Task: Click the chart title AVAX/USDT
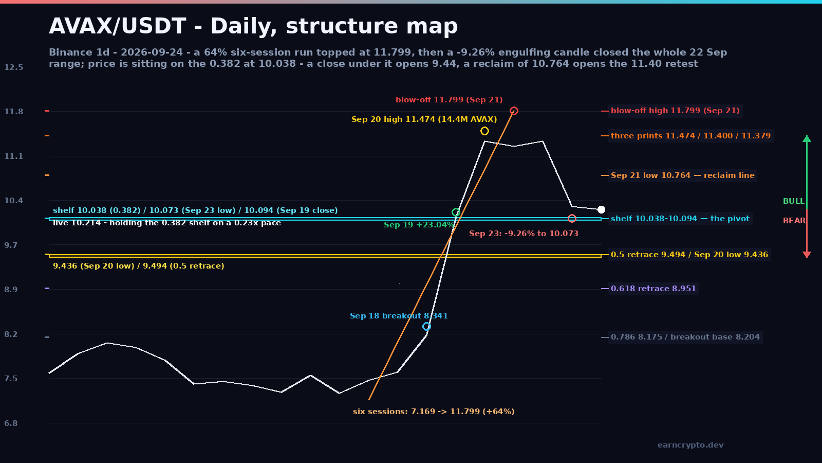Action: click(x=118, y=26)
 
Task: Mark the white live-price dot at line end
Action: click(x=601, y=209)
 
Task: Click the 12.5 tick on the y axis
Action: click(x=13, y=67)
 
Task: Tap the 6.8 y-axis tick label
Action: click(x=11, y=423)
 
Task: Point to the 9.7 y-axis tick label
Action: click(x=11, y=245)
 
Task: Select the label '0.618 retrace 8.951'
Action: click(x=653, y=289)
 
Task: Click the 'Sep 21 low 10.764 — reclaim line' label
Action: click(x=683, y=175)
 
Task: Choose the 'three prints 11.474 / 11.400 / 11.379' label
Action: click(x=690, y=136)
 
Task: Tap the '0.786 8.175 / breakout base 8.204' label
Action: click(x=685, y=337)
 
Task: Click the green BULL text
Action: click(x=793, y=201)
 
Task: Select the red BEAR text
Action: click(x=794, y=221)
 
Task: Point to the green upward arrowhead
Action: click(x=807, y=138)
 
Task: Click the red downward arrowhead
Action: click(x=807, y=255)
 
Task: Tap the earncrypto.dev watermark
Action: click(x=690, y=445)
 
